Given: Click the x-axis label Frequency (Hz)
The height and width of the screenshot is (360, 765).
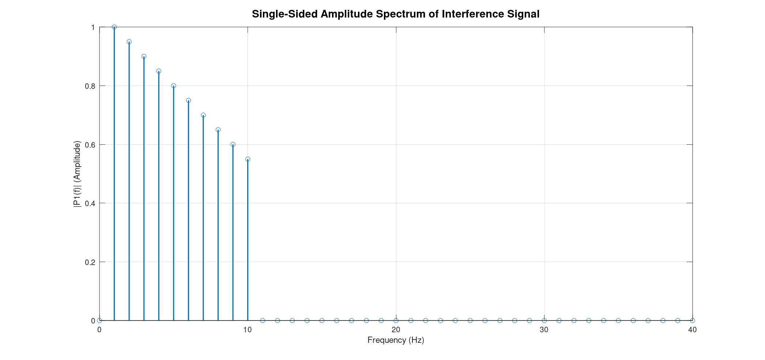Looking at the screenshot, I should click(x=396, y=340).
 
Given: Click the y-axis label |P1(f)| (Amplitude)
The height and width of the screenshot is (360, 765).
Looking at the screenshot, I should click(x=77, y=174).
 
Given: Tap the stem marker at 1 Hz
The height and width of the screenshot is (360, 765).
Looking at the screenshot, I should click(x=114, y=27).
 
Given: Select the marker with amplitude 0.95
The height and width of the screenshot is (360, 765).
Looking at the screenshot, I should click(x=129, y=42).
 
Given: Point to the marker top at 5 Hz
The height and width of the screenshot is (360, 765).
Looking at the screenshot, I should click(x=174, y=86).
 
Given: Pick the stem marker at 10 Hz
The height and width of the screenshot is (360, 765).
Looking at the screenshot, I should click(x=248, y=159).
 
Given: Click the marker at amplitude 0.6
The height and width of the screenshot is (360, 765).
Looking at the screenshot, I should click(x=233, y=144).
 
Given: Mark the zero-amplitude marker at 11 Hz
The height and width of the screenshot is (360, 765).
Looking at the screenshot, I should click(x=263, y=321).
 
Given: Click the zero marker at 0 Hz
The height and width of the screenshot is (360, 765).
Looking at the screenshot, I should click(x=99, y=321).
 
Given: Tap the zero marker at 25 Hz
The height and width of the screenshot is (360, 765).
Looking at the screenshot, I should click(x=470, y=321).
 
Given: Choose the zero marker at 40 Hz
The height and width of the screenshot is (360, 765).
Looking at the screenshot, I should click(x=693, y=321).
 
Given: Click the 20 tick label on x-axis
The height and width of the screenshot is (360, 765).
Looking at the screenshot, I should click(x=396, y=330).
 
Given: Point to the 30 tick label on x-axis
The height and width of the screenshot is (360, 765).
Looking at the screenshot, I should click(x=544, y=330).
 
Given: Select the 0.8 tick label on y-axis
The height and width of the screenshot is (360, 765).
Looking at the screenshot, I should click(x=90, y=86).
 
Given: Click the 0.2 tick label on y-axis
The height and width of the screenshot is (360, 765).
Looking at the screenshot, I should click(x=90, y=262).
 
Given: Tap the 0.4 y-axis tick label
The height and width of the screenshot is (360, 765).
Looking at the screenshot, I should click(x=90, y=204).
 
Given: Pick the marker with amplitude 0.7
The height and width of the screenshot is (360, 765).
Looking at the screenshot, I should click(x=203, y=115).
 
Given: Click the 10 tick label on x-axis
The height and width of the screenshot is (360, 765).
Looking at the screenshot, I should click(x=248, y=330).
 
